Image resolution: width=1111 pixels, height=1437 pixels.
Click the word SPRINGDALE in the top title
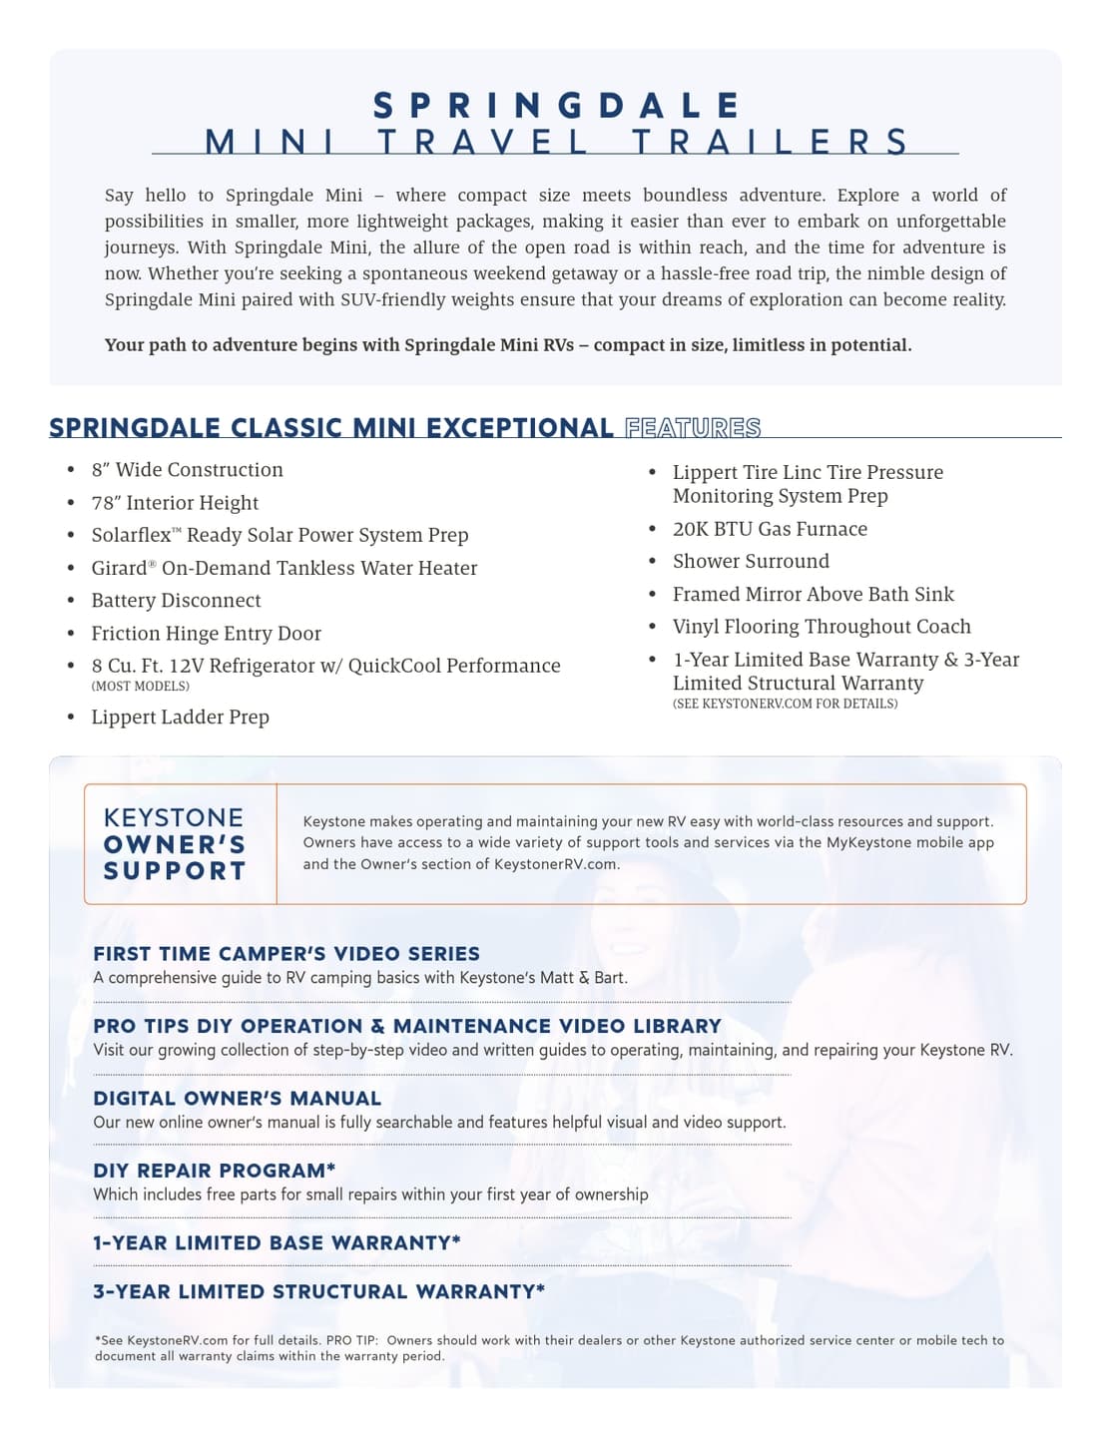coord(557,106)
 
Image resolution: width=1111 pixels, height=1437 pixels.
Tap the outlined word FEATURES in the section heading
coord(693,428)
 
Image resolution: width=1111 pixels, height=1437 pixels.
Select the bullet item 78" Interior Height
coord(175,503)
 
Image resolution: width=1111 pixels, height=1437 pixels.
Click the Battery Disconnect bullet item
coord(176,601)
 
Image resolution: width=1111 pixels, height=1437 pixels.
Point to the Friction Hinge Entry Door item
coord(206,634)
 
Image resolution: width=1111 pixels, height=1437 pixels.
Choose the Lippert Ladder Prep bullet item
coord(180,718)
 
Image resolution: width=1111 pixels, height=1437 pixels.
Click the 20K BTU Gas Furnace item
coord(770,529)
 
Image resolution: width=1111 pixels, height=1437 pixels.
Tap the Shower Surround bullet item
coord(751,562)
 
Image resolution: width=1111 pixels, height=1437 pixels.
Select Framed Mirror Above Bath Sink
coord(813,595)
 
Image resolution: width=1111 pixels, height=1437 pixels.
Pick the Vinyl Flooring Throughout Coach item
coord(822,627)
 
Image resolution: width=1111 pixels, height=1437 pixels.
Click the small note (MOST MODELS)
coord(140,687)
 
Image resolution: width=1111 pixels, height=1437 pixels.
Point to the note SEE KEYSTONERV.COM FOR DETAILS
coord(785,705)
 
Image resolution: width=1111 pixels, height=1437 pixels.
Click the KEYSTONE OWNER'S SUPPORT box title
coord(175,844)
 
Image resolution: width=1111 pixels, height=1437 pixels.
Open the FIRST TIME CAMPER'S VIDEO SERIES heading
coord(286,954)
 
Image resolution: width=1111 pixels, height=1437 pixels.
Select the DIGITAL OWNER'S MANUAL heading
coord(237,1099)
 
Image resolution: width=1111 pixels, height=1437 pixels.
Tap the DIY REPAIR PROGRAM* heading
coord(214,1171)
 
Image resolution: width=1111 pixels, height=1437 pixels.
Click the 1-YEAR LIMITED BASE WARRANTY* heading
coord(277,1243)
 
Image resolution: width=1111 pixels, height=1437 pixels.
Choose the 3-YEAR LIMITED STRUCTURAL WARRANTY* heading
coord(318,1292)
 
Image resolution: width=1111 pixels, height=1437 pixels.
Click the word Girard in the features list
coord(119,569)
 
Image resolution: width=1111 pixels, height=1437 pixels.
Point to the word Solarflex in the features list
coord(131,536)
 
